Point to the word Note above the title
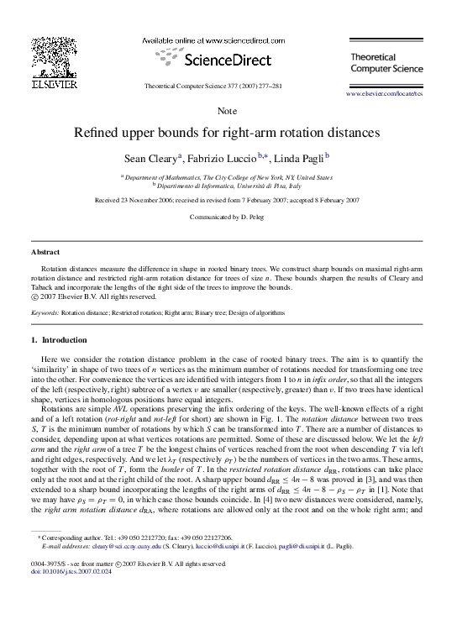[227, 111]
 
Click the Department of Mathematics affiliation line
[227, 177]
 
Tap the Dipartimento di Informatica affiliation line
[227, 186]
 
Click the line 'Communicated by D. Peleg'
[227, 217]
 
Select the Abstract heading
[45, 252]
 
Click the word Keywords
[45, 312]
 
